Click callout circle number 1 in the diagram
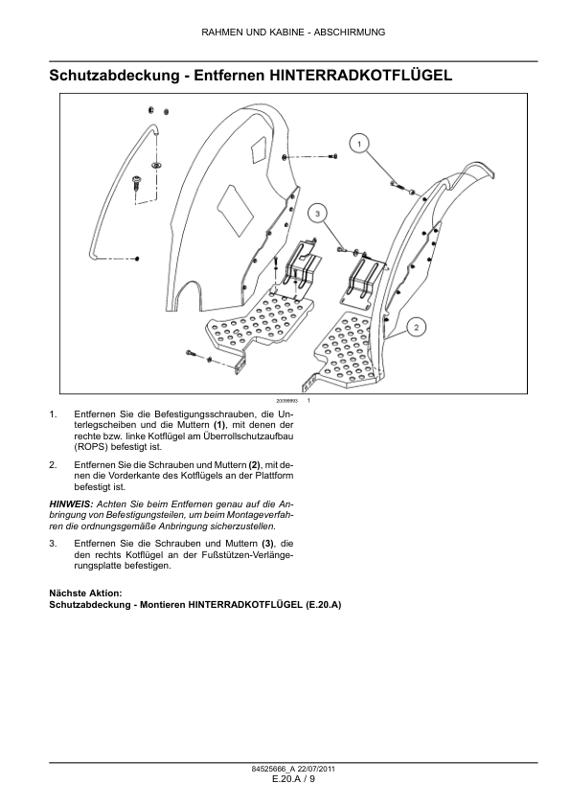pyautogui.click(x=359, y=144)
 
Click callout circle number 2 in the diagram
pyautogui.click(x=417, y=327)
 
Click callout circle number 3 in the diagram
pyautogui.click(x=317, y=213)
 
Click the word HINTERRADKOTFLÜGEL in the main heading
pyautogui.click(x=361, y=76)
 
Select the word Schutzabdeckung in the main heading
pyautogui.click(x=114, y=76)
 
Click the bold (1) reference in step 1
pyautogui.click(x=219, y=425)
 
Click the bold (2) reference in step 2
pyautogui.click(x=255, y=464)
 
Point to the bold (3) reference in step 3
pyautogui.click(x=268, y=544)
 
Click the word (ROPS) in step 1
pyautogui.click(x=87, y=447)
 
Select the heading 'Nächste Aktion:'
pyautogui.click(x=85, y=593)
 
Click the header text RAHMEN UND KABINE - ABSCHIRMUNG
pyautogui.click(x=293, y=33)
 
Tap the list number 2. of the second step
pyautogui.click(x=53, y=464)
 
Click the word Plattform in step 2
pyautogui.click(x=276, y=476)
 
